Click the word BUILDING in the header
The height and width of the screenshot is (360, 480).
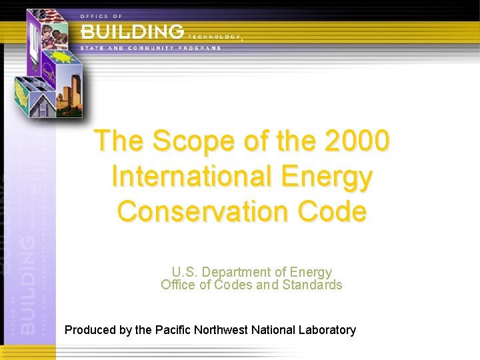[x=132, y=31]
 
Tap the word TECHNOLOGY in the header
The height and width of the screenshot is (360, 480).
[x=214, y=37]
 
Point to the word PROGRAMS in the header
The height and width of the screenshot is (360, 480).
[x=199, y=49]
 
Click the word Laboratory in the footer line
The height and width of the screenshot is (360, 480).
[x=327, y=330]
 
